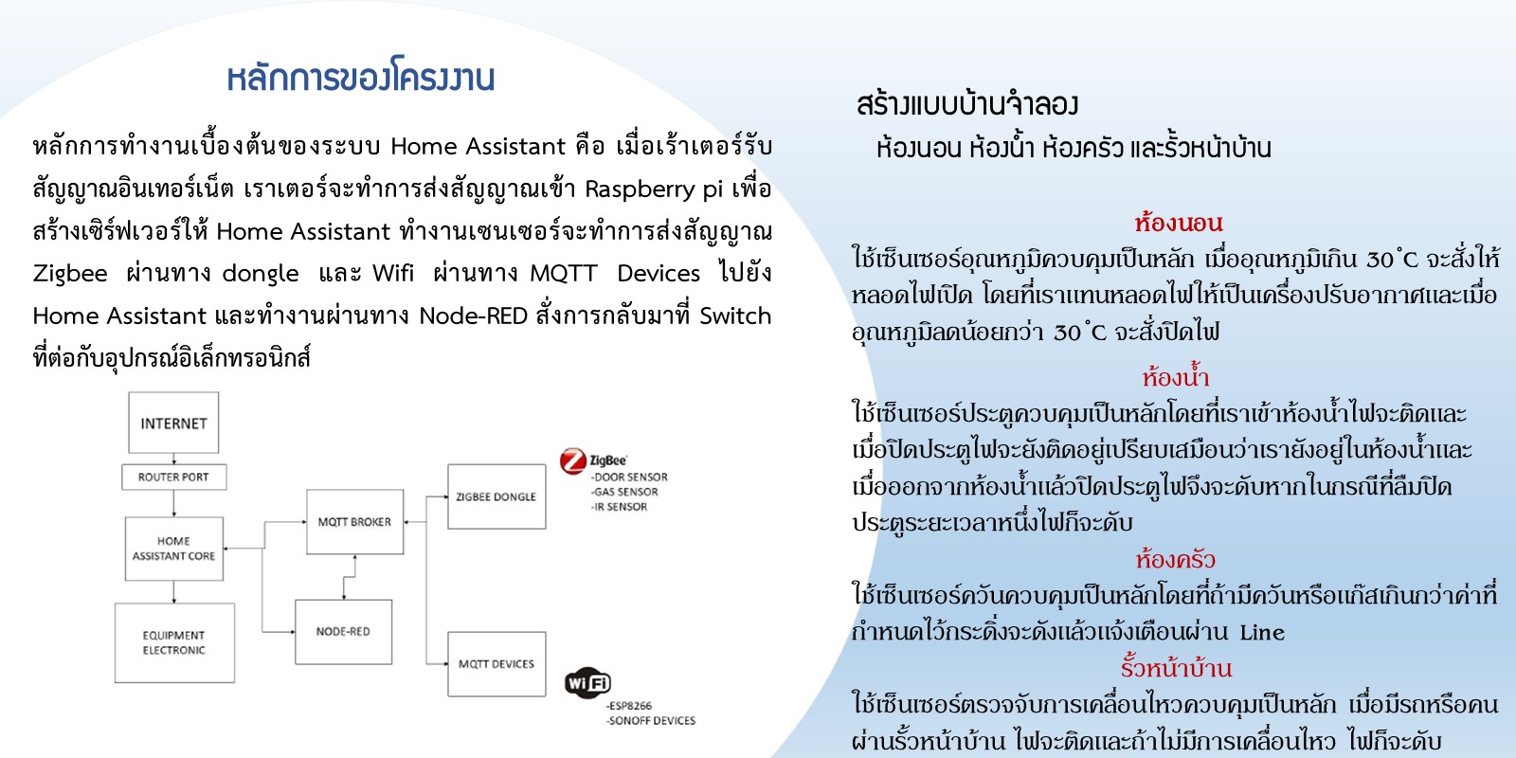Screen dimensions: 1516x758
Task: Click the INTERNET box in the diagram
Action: click(x=173, y=423)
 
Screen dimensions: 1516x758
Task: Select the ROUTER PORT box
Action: click(x=174, y=478)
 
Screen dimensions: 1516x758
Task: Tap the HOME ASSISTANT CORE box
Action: click(x=174, y=549)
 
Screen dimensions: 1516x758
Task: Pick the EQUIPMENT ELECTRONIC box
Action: click(x=174, y=643)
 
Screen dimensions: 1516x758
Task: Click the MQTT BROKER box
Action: click(x=354, y=522)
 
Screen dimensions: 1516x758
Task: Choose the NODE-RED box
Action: click(x=343, y=631)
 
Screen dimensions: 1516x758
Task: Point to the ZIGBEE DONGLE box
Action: click(x=496, y=496)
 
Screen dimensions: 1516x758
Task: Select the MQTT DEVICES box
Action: click(x=496, y=664)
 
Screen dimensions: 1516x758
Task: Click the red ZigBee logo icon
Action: click(x=572, y=461)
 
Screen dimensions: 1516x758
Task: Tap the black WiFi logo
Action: click(x=587, y=682)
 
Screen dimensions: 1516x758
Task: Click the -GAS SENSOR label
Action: click(x=624, y=492)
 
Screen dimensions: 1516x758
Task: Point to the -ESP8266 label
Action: click(x=629, y=706)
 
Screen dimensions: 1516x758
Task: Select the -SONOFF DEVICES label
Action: click(x=650, y=721)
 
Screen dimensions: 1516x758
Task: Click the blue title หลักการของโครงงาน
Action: click(x=360, y=78)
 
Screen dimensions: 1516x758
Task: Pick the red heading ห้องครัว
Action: click(x=1175, y=560)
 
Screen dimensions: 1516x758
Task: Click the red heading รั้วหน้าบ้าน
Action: click(x=1176, y=669)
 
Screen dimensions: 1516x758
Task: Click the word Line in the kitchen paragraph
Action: click(x=1262, y=632)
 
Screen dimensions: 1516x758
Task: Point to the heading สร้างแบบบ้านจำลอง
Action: click(x=967, y=104)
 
